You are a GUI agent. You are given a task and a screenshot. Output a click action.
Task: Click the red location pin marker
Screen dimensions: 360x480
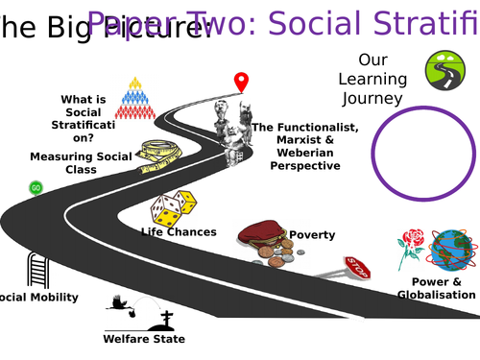pyautogui.click(x=241, y=83)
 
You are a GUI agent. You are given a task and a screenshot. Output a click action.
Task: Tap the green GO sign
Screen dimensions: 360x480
pyautogui.click(x=36, y=187)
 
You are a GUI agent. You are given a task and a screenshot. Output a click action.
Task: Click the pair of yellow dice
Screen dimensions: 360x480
pyautogui.click(x=174, y=208)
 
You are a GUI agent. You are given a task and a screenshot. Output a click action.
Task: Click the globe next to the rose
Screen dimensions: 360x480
pyautogui.click(x=454, y=252)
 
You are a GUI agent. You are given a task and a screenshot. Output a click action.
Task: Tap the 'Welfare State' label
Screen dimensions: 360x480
pyautogui.click(x=144, y=338)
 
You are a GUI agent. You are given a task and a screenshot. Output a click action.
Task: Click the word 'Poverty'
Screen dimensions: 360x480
pyautogui.click(x=312, y=234)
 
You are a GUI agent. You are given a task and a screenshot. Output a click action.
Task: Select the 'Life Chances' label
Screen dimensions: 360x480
pyautogui.click(x=179, y=231)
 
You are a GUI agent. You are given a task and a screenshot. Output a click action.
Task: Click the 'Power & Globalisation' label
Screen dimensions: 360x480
pyautogui.click(x=437, y=288)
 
